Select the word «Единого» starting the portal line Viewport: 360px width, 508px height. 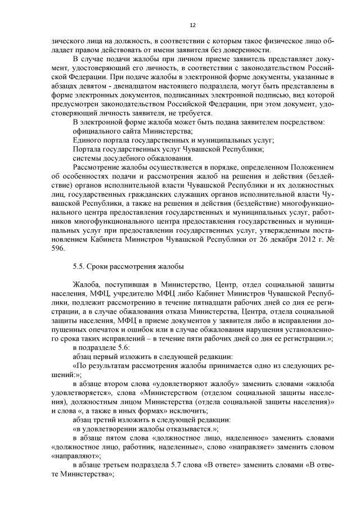(x=88, y=139)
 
